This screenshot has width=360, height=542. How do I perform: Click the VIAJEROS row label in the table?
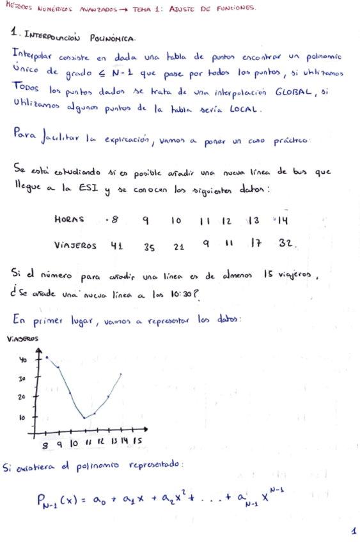(75, 245)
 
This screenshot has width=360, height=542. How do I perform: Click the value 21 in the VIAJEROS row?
(178, 246)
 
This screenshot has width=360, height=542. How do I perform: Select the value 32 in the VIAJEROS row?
(288, 244)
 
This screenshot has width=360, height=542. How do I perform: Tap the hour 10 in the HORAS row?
(176, 221)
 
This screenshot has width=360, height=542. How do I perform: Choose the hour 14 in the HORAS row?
(284, 220)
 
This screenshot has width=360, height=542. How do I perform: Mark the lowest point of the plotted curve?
(84, 419)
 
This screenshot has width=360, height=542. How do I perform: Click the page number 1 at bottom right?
(352, 530)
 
